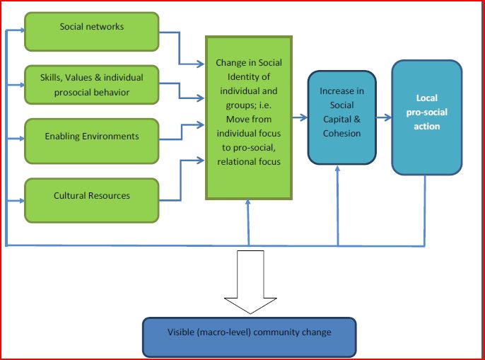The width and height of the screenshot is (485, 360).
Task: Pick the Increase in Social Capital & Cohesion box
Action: coord(341,117)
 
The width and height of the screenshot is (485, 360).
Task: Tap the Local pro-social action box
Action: coord(426,117)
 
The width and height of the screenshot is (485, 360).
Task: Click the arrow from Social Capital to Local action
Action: coord(384,117)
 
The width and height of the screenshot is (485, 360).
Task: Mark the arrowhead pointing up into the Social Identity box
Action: coord(249,204)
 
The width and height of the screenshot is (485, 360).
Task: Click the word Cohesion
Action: coord(341,133)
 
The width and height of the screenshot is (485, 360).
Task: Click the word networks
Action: coord(107,27)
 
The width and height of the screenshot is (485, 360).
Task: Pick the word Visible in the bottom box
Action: coord(182,332)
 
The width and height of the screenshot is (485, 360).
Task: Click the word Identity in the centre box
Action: coord(238,77)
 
